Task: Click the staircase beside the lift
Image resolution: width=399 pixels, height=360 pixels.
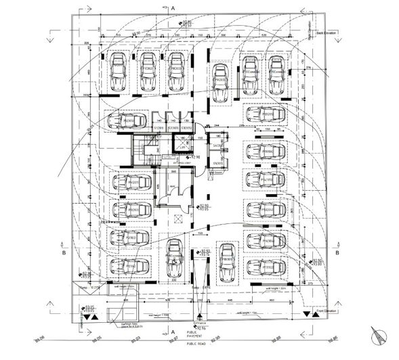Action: pos(146,150)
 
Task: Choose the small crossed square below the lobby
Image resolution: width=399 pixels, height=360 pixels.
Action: pos(178,219)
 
